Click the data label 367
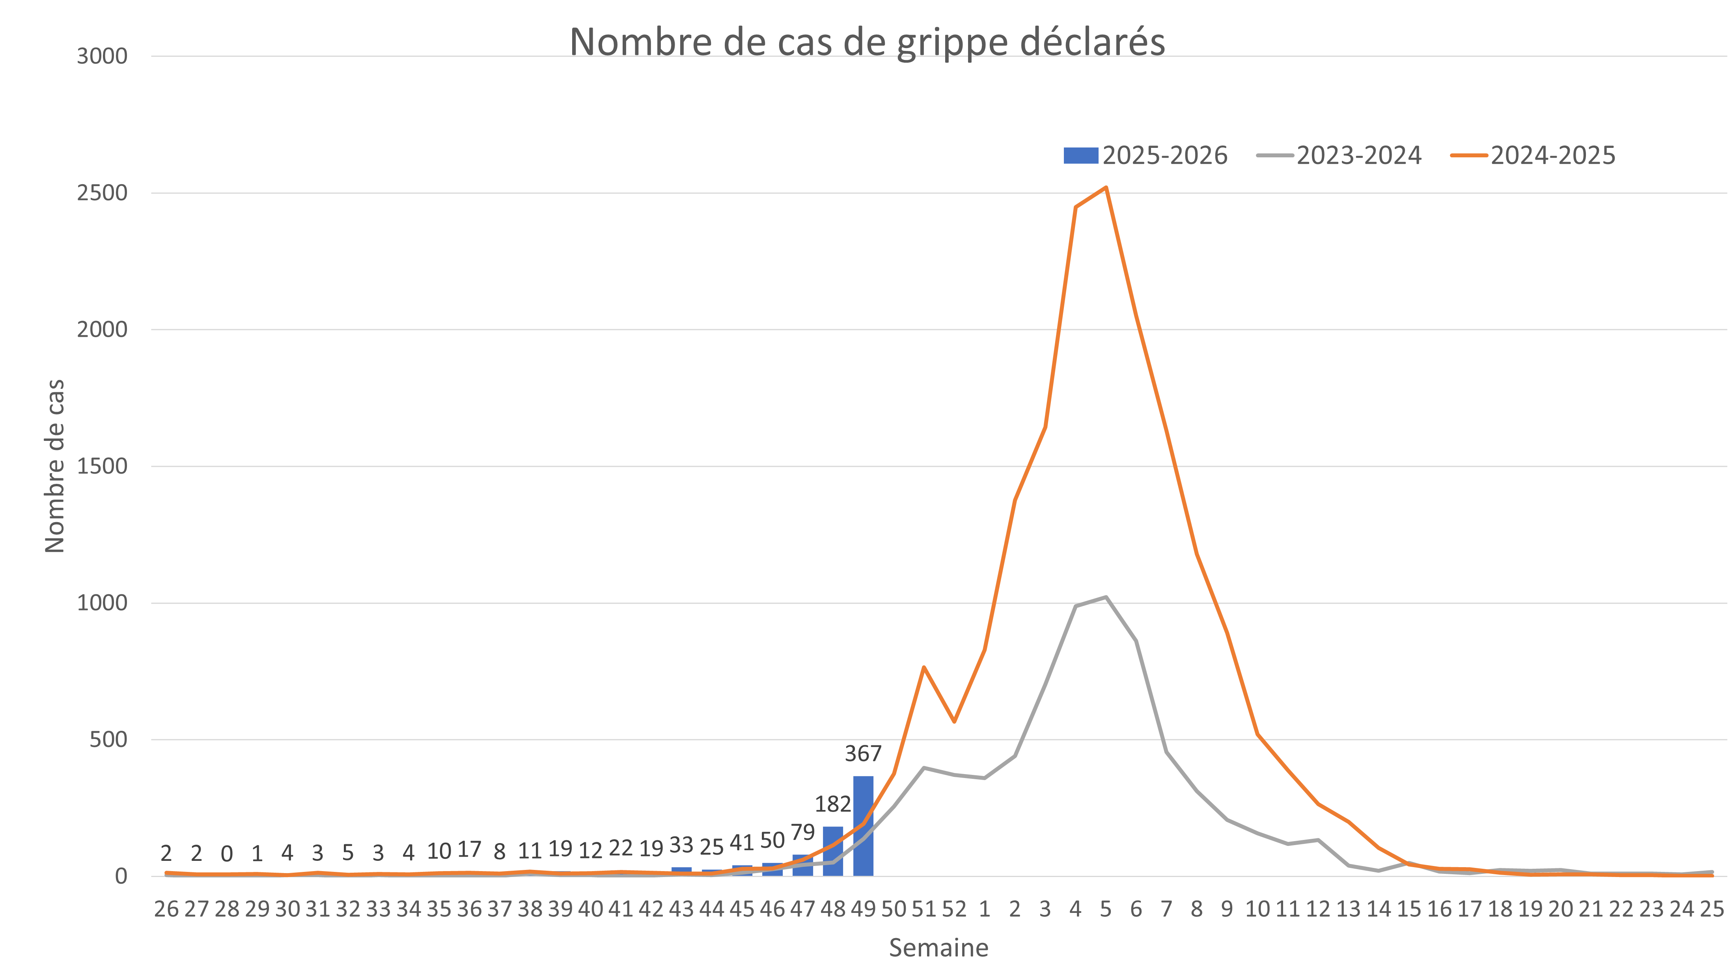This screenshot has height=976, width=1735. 863,753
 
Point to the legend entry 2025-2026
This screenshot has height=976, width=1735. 1145,156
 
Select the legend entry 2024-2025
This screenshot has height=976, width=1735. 1534,156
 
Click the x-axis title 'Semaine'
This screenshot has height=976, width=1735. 938,948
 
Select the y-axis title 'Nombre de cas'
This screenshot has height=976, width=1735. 54,466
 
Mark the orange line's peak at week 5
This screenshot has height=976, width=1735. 1105,188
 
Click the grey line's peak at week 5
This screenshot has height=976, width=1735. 1105,597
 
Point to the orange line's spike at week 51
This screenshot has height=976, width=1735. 923,667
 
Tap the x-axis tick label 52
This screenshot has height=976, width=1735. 954,909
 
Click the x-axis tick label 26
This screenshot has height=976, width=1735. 166,909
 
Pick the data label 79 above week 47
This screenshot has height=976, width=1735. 802,832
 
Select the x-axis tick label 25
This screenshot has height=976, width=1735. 1711,909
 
